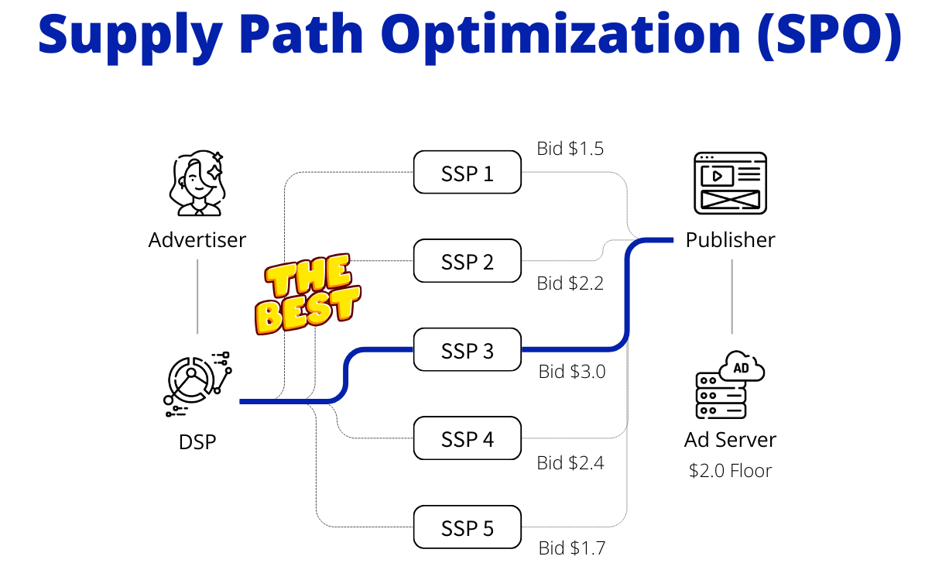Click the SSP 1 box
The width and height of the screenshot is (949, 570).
point(467,172)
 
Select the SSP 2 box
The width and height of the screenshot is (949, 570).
point(467,261)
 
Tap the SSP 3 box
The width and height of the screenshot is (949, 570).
point(467,350)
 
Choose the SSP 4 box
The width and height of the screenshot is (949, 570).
point(467,439)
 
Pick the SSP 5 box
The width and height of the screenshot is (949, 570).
point(467,528)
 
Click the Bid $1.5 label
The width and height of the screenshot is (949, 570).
point(570,149)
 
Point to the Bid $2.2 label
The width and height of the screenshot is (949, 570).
point(570,283)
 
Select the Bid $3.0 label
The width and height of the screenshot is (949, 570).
point(571,372)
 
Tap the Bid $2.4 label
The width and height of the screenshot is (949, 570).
point(570,463)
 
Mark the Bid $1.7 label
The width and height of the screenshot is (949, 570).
point(571,548)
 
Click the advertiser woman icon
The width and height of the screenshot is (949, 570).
point(197,184)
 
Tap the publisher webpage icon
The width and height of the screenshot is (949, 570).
point(730,183)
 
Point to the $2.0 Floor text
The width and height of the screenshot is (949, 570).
point(730,470)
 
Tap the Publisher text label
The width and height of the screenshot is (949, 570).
point(730,240)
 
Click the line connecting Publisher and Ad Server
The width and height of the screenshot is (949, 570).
point(731,297)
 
